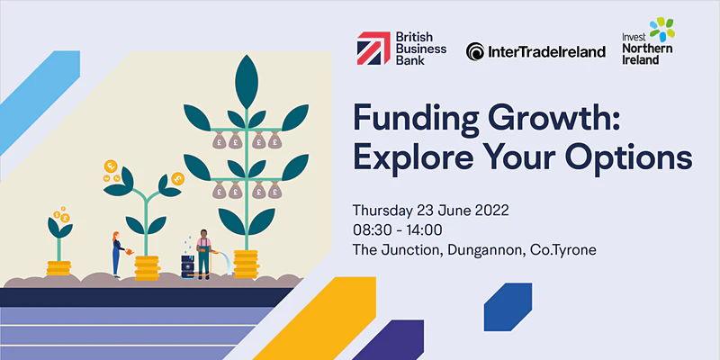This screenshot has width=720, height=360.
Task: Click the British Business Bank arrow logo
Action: tap(373, 48)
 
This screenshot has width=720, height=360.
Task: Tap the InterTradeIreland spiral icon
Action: tap(475, 51)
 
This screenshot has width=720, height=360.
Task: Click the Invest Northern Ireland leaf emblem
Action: tap(662, 29)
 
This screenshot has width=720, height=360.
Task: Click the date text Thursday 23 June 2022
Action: tap(431, 211)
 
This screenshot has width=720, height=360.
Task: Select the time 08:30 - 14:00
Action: tap(397, 229)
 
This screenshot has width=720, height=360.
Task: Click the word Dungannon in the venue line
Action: tap(487, 250)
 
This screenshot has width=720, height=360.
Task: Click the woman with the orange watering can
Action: tap(117, 255)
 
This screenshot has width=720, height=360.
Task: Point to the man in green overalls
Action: tap(204, 254)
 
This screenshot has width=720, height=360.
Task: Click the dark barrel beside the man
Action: tap(188, 266)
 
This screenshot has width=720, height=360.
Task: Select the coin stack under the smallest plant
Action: tap(58, 268)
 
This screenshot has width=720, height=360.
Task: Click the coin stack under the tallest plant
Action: tap(246, 264)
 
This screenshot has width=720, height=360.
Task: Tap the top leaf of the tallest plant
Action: tap(247, 82)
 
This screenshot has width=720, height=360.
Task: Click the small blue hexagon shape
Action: tap(508, 307)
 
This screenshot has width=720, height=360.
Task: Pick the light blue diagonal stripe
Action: tap(39, 102)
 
